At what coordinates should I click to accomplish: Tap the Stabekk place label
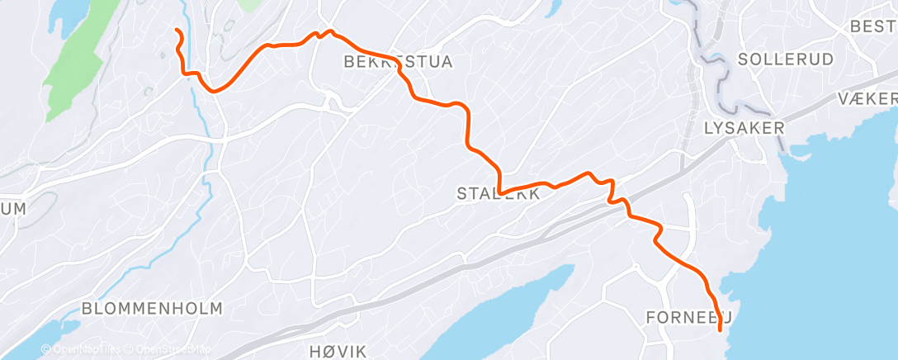tap(499, 194)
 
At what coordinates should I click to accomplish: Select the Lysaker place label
tap(744, 128)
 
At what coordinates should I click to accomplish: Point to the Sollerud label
tap(774, 59)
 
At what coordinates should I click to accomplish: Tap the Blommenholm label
tap(152, 309)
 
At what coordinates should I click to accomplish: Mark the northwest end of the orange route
tap(177, 31)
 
